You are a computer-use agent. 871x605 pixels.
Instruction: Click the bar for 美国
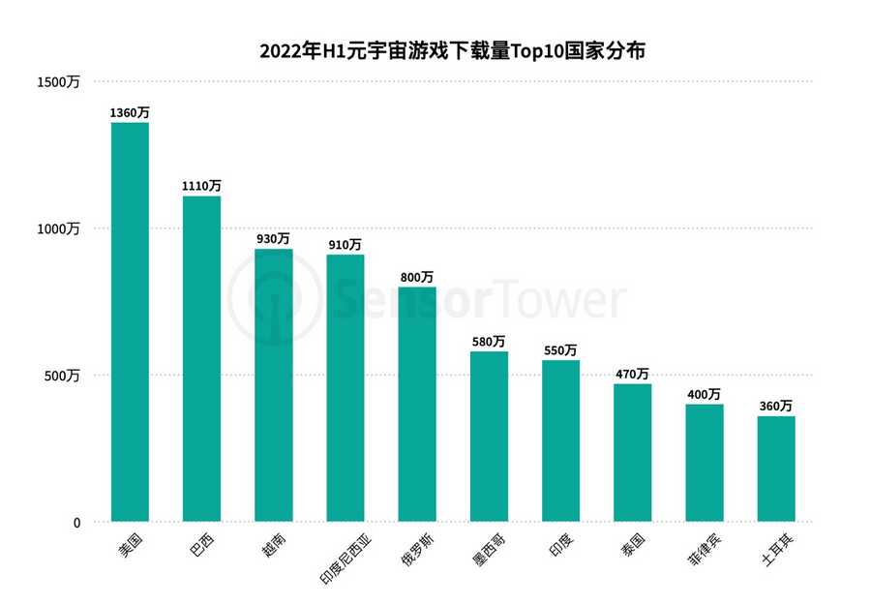130,322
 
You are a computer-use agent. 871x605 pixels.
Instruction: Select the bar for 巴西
201,359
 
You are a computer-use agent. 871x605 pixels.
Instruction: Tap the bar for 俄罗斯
417,405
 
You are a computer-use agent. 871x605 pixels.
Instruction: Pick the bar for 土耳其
776,469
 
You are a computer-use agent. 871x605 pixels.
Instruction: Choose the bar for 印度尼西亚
345,388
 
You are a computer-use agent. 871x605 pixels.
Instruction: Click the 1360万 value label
130,112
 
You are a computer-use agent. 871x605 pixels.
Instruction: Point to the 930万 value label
273,238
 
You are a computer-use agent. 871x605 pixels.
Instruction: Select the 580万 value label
489,341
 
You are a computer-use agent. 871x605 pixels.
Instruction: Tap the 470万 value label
632,374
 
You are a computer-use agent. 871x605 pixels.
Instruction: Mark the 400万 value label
704,394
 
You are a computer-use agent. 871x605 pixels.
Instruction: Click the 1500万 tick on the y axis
60,82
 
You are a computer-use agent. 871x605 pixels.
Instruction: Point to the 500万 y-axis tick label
65,376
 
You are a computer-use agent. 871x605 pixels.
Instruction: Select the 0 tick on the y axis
76,523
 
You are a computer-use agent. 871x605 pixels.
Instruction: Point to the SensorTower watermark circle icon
274,302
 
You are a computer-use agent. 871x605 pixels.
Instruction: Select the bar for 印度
560,441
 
